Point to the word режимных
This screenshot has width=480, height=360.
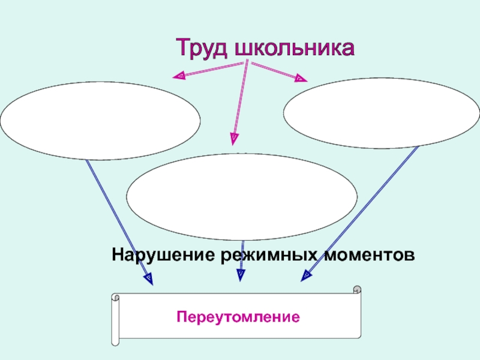266,255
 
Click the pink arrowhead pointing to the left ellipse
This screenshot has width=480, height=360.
179,76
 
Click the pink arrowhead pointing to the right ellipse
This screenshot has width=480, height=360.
300,78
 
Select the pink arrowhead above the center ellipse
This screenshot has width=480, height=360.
233,140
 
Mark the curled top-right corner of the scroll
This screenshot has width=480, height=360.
357,290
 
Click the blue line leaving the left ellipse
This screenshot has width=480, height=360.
117,219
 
